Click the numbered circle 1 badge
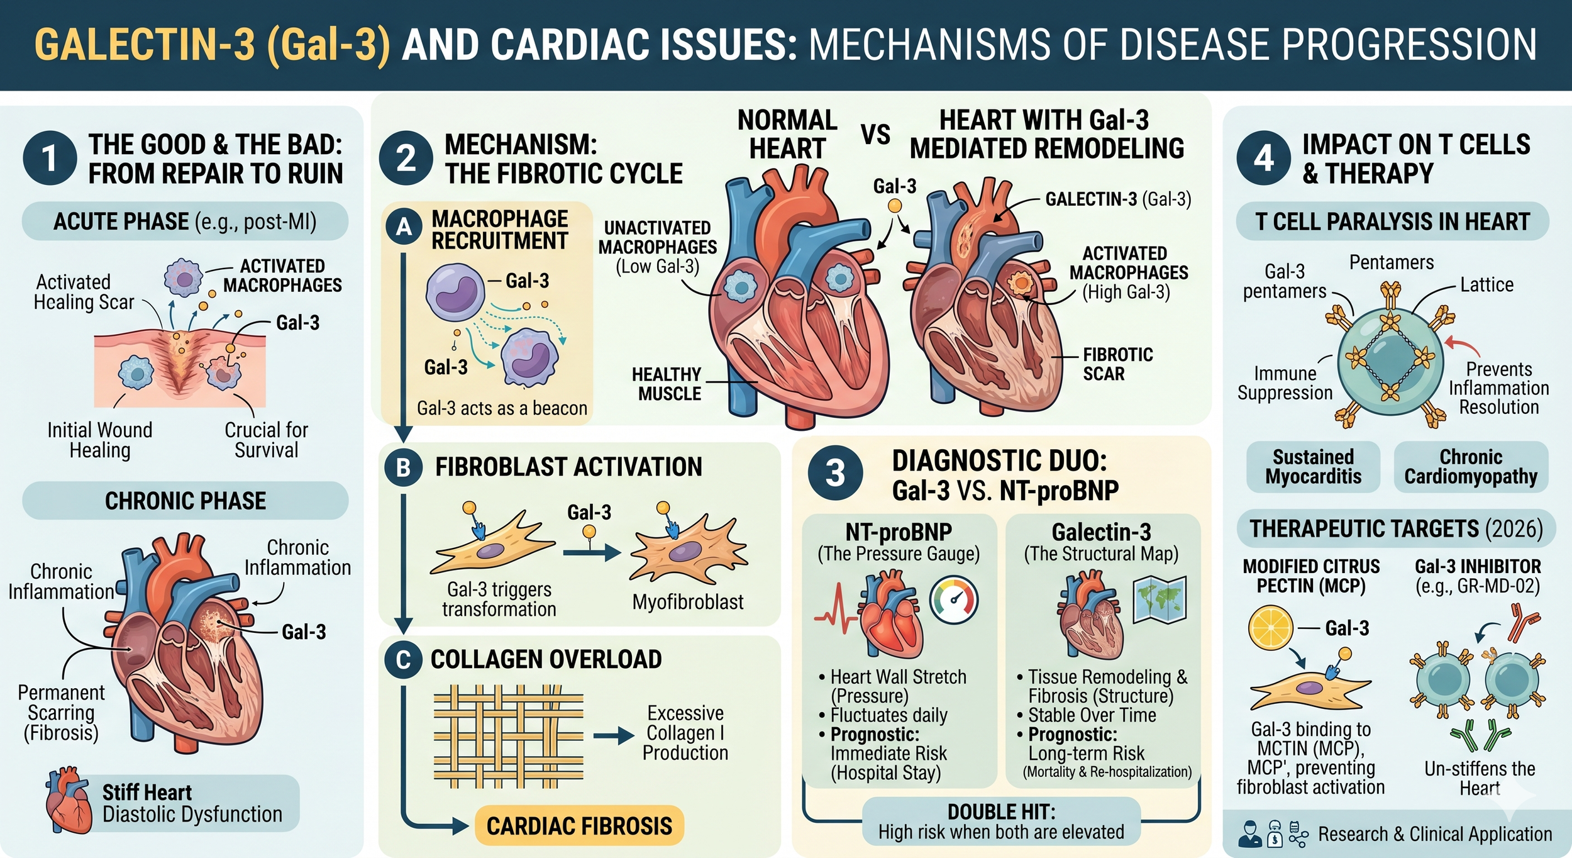50,158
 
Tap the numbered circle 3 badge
834,473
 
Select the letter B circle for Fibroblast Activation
404,467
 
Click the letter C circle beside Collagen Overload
403,660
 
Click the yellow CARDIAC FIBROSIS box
579,825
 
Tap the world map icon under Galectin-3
1160,600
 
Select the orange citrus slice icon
1270,628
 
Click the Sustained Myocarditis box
1313,467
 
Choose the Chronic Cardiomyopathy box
1471,467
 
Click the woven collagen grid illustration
508,737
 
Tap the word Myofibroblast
687,602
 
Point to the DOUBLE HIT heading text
1001,811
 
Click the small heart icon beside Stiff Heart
67,800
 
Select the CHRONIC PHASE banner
185,501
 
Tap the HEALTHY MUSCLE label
667,384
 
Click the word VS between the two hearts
875,135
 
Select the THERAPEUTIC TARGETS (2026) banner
1396,528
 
